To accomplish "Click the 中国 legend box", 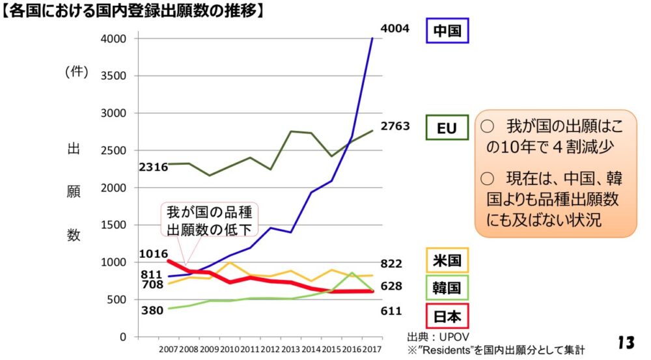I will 447,30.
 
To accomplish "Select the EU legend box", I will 447,128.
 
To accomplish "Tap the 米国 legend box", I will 447,261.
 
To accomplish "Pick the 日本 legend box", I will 447,317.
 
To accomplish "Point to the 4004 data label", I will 395,29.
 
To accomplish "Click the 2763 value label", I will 395,126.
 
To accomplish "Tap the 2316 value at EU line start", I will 154,167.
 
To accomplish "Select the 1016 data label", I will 154,254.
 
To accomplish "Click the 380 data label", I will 152,311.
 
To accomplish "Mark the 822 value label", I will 391,264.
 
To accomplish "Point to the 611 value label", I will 391,311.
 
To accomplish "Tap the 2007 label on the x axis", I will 168,350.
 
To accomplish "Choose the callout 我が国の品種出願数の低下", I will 209,220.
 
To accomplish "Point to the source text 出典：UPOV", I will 434,338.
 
